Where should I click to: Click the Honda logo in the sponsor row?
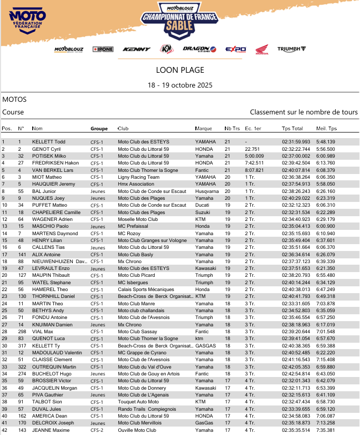(x=262, y=49)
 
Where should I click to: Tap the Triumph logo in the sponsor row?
(x=291, y=49)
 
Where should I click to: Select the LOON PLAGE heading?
(x=180, y=70)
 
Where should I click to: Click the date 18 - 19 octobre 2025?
(x=180, y=85)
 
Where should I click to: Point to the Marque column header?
(x=203, y=129)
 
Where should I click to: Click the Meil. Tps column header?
(x=326, y=129)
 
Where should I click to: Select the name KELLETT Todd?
(x=49, y=142)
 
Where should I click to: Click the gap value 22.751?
(x=252, y=149)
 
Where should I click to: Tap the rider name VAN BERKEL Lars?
(x=53, y=170)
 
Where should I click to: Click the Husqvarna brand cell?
(x=206, y=191)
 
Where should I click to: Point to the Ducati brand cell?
(x=202, y=205)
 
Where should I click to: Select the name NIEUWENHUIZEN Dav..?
(x=58, y=261)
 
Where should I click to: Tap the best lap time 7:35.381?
(x=326, y=430)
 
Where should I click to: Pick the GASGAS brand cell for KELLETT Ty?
(x=205, y=345)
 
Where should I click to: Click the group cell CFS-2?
(x=97, y=430)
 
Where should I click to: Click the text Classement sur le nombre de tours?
(x=304, y=112)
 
